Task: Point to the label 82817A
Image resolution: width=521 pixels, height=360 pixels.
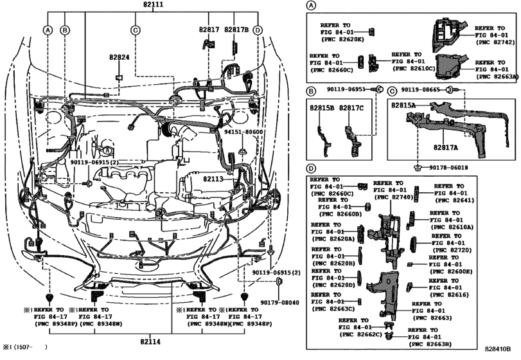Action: coord(446,147)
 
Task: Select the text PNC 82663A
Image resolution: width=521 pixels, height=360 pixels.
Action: coord(496,75)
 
